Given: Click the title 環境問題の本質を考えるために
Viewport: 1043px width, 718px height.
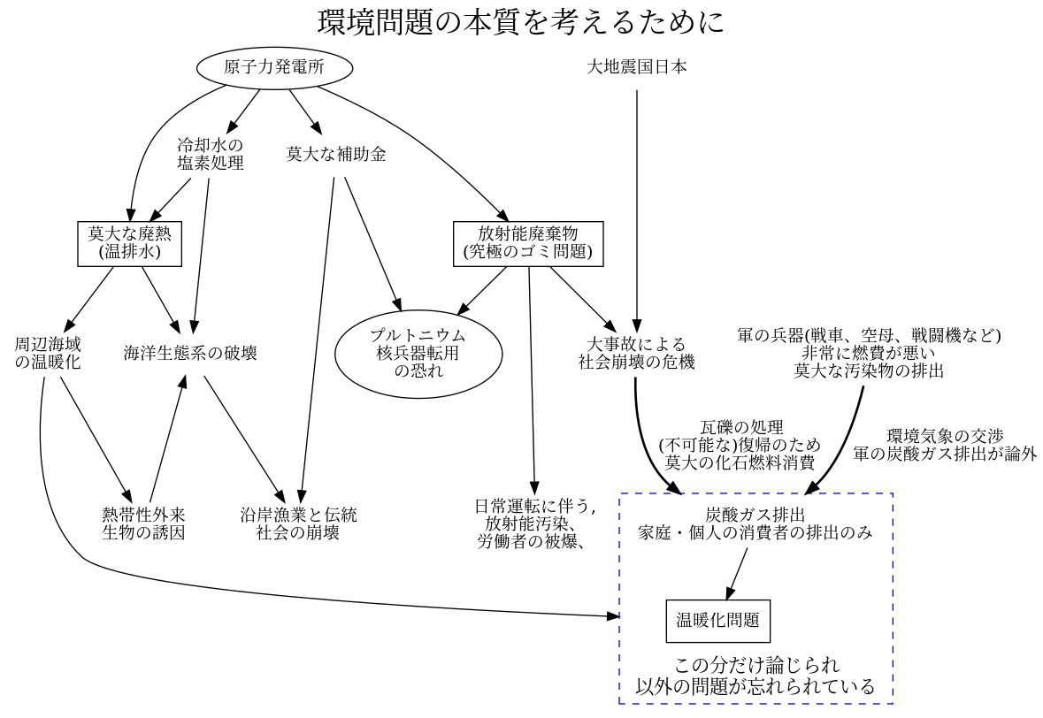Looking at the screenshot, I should coord(521,22).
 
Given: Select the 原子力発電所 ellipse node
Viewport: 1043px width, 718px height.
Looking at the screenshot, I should coord(274,68).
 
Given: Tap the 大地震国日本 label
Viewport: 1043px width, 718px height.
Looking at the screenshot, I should coord(637,67).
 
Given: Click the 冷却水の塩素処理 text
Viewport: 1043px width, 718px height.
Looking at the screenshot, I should coord(210,154).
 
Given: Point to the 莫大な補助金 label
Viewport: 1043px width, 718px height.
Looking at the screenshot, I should coord(336,155).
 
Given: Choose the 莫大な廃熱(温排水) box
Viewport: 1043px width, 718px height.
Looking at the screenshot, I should coord(129,243).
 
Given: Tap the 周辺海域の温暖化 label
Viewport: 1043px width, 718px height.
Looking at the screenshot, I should coord(48,353).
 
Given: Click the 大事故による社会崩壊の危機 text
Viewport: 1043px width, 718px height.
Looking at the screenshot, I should coord(637,353).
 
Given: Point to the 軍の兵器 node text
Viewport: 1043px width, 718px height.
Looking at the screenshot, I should coord(869,353).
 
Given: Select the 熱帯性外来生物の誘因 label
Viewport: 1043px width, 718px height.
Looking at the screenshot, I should coord(143,523).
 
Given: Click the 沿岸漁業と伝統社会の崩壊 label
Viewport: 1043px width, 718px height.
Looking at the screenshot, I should coord(298,523).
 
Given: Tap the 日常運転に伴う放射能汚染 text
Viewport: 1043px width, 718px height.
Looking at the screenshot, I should coord(534,523).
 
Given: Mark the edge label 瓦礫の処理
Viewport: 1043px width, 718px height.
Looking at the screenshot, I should coord(741,445).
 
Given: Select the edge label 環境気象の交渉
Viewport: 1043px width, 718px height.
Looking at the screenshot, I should coord(945,445).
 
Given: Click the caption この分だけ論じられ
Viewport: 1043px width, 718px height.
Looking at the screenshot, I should coord(755,665).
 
